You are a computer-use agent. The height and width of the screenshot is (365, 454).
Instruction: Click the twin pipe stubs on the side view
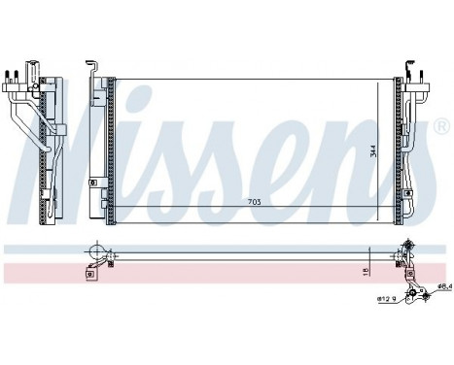(x=17, y=73)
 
